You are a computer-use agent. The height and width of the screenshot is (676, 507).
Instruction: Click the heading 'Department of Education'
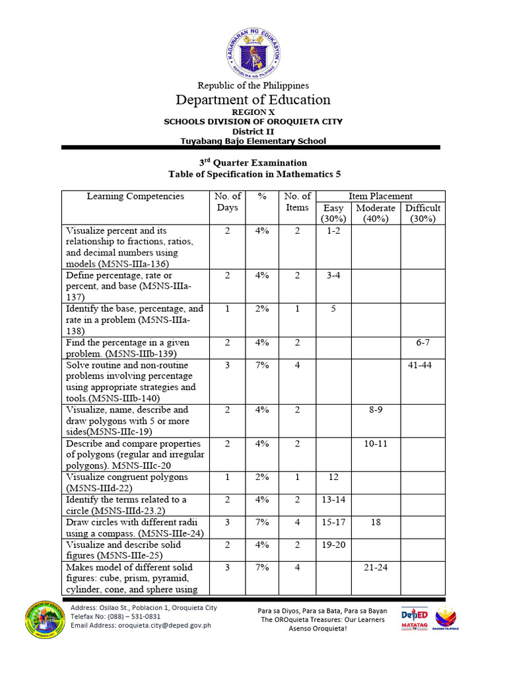pos(253,100)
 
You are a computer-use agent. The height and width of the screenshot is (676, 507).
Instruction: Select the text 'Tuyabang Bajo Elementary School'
pos(253,141)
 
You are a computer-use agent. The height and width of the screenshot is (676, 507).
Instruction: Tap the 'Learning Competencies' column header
pos(135,196)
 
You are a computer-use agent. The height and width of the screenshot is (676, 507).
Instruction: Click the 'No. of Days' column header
pos(227,202)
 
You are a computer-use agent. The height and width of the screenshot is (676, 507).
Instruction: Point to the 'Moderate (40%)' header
pos(376,213)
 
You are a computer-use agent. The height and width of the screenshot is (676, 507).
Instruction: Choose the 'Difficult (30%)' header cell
pos(422,213)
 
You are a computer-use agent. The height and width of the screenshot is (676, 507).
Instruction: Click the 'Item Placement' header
pos(380,196)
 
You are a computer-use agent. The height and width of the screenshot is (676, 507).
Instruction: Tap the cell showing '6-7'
pos(422,343)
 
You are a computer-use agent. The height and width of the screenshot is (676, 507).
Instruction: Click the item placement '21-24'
pos(376,568)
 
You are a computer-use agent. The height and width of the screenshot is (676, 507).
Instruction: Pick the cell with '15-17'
pos(333,522)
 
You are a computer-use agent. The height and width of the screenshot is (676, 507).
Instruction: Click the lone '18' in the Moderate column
pos(376,522)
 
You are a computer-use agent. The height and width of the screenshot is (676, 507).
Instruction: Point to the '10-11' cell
pos(376,444)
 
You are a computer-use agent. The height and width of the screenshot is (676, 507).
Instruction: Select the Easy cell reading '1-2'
pos(333,231)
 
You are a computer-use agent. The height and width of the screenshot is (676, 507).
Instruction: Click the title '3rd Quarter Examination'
pos(253,162)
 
